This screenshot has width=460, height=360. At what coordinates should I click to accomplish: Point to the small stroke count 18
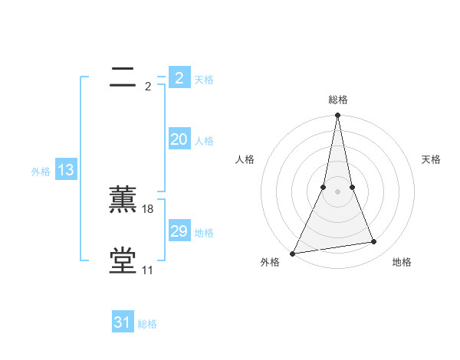click(x=148, y=209)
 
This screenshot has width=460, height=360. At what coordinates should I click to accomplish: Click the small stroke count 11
click(x=147, y=270)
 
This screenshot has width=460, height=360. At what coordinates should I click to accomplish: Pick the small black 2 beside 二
click(x=148, y=87)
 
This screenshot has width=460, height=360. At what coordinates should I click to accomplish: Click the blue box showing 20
click(x=179, y=139)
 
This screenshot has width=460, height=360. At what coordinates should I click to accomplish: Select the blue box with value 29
click(x=179, y=231)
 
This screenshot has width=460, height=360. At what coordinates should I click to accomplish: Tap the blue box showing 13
click(x=66, y=170)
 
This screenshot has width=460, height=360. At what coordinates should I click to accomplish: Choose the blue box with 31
click(x=123, y=322)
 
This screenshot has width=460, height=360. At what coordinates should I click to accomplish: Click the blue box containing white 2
click(x=179, y=78)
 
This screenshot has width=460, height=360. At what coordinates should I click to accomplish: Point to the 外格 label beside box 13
click(x=41, y=172)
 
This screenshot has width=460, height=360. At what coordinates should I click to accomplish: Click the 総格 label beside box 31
click(x=147, y=324)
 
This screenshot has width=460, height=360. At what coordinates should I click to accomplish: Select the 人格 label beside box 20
click(x=204, y=141)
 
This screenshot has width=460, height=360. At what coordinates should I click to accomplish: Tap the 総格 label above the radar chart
click(x=337, y=100)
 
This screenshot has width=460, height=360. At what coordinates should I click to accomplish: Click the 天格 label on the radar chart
click(x=432, y=159)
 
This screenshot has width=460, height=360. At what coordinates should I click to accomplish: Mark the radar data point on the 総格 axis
click(x=337, y=116)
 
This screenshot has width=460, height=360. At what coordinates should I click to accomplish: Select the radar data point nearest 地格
click(x=374, y=242)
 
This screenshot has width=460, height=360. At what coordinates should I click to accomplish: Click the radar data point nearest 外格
click(x=293, y=253)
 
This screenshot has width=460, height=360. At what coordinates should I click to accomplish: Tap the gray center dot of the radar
click(x=337, y=191)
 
